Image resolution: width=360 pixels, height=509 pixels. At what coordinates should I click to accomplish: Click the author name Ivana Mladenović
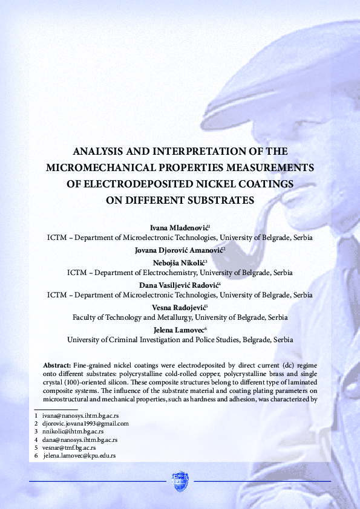pos(179,227)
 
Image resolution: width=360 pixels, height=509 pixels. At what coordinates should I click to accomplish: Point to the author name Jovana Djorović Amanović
pos(179,249)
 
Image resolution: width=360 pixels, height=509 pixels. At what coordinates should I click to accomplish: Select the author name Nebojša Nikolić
pos(179,262)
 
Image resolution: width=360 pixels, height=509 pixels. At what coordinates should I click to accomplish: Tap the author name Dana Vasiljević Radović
pos(179,285)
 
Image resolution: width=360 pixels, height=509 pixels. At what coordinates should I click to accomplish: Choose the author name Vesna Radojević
pos(179,307)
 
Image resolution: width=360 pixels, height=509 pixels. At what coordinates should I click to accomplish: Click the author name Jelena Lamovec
pos(179,329)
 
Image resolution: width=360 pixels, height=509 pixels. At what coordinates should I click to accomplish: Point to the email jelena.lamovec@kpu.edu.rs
pos(79,456)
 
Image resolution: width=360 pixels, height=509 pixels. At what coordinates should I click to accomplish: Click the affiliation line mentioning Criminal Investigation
pos(180,340)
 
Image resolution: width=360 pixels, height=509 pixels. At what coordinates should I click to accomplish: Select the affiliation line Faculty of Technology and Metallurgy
pos(180,317)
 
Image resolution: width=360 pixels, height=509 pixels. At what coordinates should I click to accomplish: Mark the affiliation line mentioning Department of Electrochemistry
pos(180,273)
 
